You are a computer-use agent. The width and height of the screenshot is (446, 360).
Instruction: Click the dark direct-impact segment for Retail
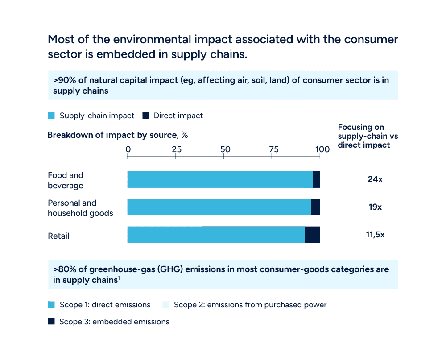click(312, 235)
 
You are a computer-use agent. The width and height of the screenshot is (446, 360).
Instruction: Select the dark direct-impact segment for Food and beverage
click(316, 179)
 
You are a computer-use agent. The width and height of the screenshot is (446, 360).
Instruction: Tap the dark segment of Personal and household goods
click(315, 207)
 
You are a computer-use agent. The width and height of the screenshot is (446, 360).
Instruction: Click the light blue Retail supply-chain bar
click(216, 235)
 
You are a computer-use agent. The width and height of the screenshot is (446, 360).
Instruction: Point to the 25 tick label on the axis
click(176, 149)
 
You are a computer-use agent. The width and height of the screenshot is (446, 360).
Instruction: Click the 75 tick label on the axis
click(273, 149)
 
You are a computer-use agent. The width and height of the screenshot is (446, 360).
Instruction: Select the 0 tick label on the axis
click(128, 149)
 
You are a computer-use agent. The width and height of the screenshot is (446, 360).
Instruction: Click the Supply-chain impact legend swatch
click(51, 116)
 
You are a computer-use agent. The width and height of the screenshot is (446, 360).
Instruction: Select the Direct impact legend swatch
click(146, 116)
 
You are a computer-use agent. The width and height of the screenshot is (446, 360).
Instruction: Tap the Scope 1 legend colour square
click(51, 305)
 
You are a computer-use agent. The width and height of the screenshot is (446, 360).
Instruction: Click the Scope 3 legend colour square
click(51, 322)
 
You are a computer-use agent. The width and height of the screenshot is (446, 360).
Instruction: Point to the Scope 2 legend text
click(250, 305)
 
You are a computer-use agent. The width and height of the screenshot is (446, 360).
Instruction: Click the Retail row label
click(58, 236)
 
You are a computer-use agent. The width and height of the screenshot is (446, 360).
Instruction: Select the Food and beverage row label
click(66, 180)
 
